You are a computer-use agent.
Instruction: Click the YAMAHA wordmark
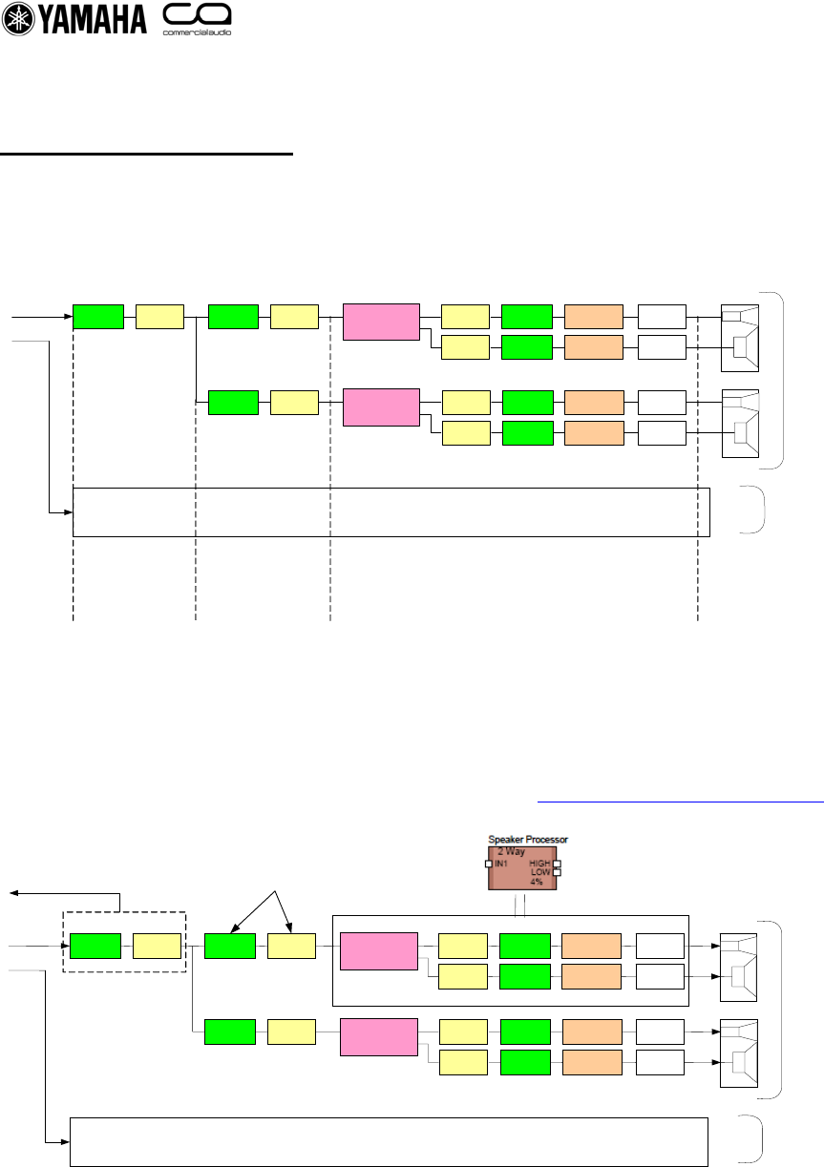92,21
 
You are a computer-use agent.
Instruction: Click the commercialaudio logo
198,20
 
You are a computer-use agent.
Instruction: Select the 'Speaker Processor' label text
528,839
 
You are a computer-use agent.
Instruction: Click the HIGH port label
539,863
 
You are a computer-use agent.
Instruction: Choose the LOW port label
540,872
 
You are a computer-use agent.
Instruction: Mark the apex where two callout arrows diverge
275,891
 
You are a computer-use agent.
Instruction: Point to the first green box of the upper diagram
98,316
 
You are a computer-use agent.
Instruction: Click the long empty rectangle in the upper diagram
391,512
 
